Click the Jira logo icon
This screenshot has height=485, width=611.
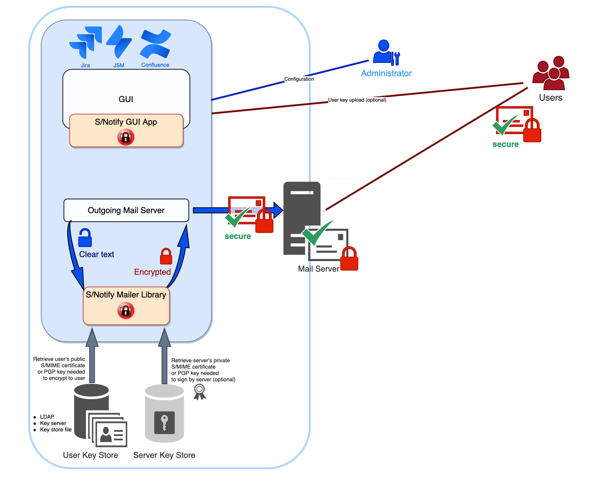(x=86, y=42)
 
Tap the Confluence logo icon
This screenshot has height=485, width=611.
(x=155, y=44)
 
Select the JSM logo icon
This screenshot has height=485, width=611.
(x=118, y=41)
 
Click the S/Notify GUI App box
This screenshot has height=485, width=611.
(x=126, y=131)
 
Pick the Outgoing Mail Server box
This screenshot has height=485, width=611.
(x=126, y=210)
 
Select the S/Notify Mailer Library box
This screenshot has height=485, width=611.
(x=126, y=305)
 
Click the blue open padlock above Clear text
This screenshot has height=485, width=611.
(x=85, y=238)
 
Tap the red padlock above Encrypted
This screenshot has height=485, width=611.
(x=166, y=256)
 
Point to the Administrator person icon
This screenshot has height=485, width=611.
(x=386, y=52)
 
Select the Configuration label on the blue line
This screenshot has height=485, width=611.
(x=299, y=79)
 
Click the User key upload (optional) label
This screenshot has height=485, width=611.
(x=357, y=100)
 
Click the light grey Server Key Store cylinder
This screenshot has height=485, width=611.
(x=164, y=413)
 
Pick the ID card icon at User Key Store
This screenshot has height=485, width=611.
(x=111, y=434)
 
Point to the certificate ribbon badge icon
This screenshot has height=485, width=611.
(x=200, y=392)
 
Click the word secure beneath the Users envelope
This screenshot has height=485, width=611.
(x=506, y=144)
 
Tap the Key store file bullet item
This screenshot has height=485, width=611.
(x=55, y=430)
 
